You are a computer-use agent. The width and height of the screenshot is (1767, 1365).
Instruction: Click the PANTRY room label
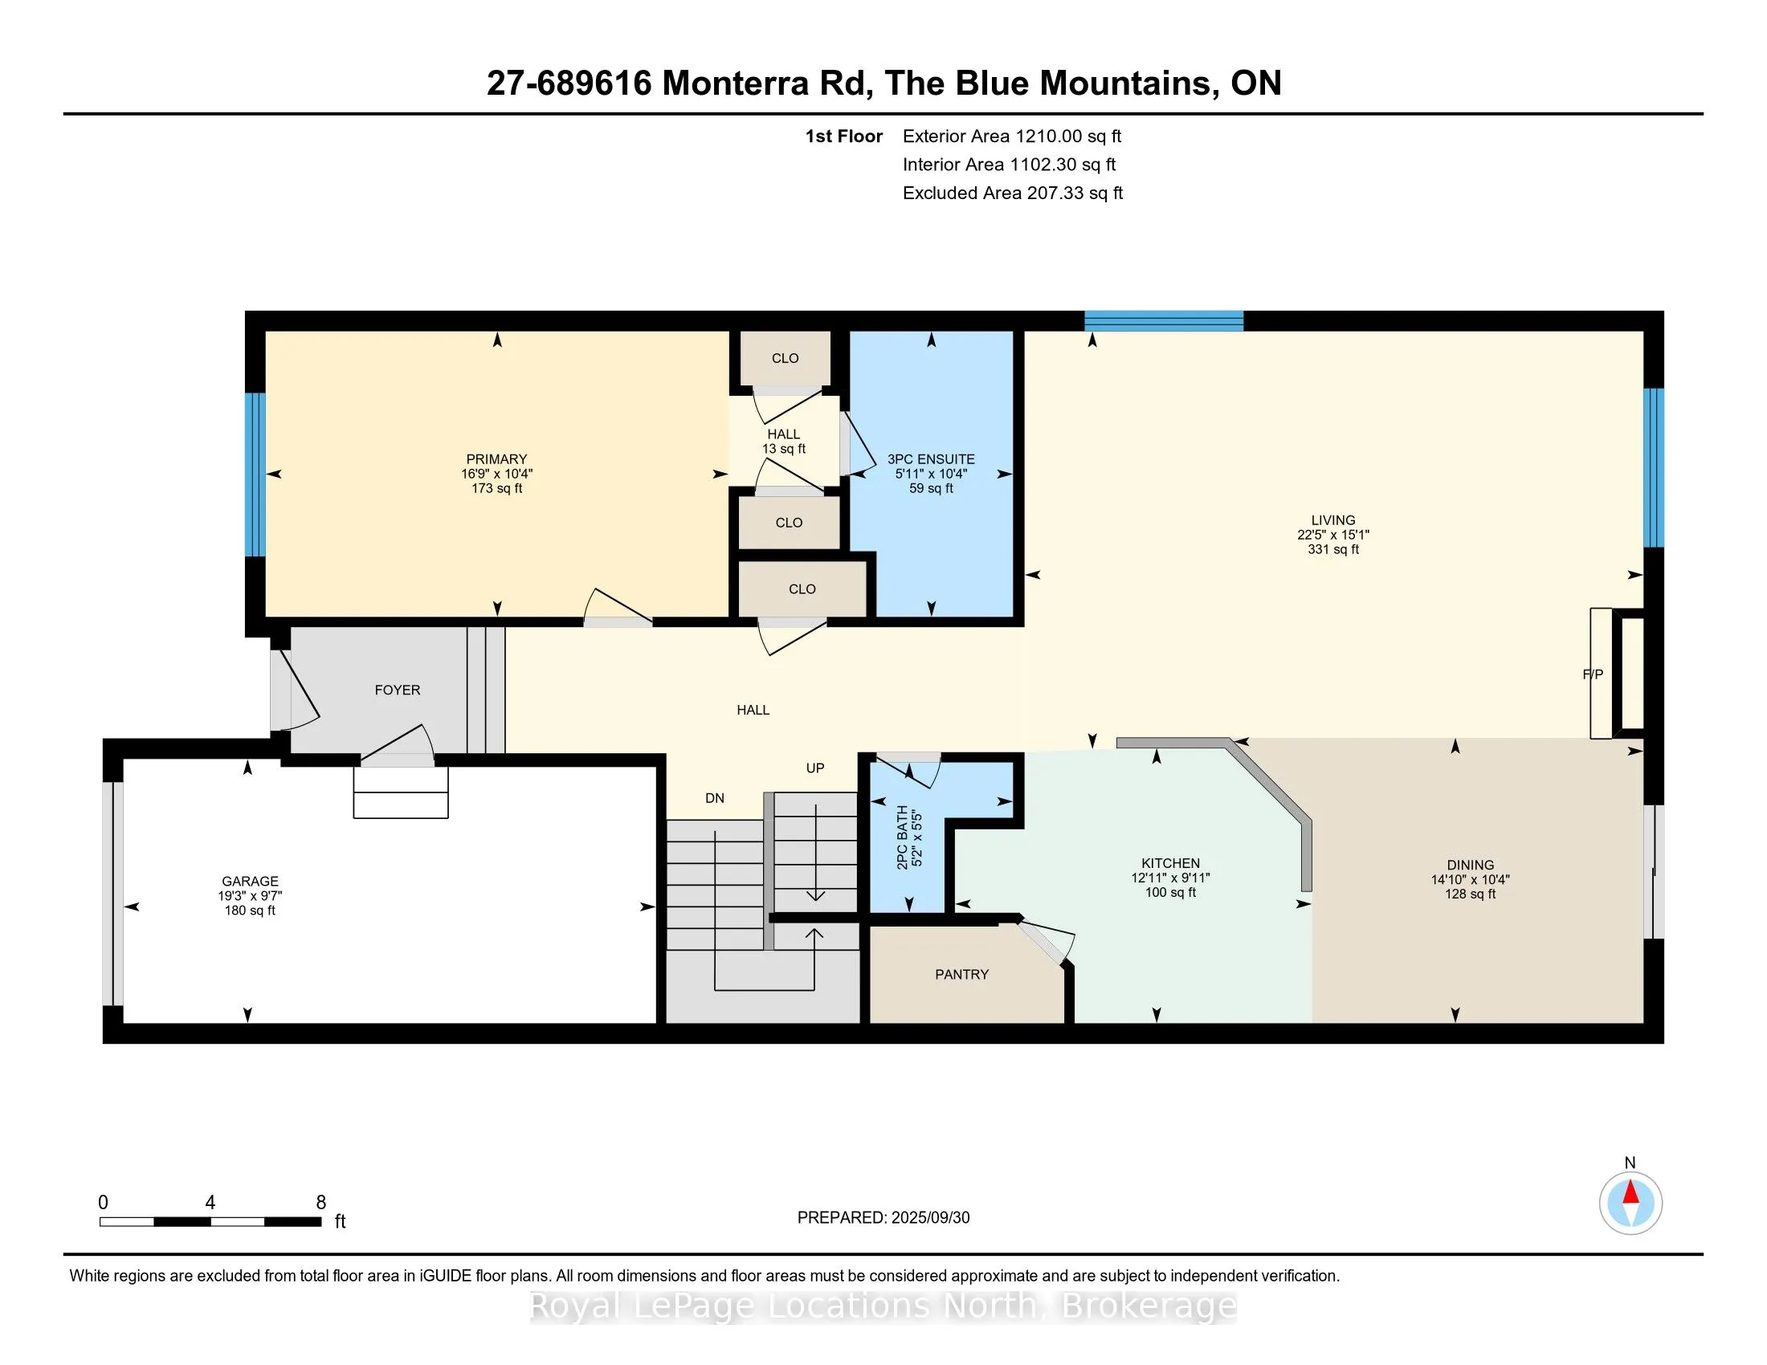point(961,975)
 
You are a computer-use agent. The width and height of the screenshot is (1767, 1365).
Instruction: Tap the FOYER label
point(398,690)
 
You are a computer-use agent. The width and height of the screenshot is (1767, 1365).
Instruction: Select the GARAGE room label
point(250,882)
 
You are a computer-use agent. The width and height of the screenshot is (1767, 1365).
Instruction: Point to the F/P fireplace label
point(1592,674)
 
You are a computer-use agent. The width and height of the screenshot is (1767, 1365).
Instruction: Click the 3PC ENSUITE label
point(931,459)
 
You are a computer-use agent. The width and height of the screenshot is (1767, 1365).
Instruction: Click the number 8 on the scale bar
point(321,1203)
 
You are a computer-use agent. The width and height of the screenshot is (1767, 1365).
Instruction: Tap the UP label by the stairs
point(814,768)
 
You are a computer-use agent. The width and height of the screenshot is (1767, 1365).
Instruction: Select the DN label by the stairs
point(714,798)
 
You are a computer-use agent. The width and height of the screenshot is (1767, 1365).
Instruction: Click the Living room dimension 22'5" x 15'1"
point(1333,535)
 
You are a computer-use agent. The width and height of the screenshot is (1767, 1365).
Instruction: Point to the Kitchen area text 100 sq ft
point(1170,893)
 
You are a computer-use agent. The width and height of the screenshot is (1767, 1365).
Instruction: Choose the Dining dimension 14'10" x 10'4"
point(1470,880)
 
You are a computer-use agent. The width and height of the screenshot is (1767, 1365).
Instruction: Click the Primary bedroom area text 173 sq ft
point(496,488)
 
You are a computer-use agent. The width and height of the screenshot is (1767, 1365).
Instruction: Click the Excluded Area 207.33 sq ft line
point(1013,194)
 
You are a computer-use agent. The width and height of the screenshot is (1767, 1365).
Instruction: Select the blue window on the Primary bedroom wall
point(255,475)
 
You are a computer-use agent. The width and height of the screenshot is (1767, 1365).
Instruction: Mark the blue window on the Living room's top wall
point(1164,321)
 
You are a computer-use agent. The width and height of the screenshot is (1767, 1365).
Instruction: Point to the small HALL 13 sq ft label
point(783,442)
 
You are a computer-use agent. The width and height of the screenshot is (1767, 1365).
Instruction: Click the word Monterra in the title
point(737,84)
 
